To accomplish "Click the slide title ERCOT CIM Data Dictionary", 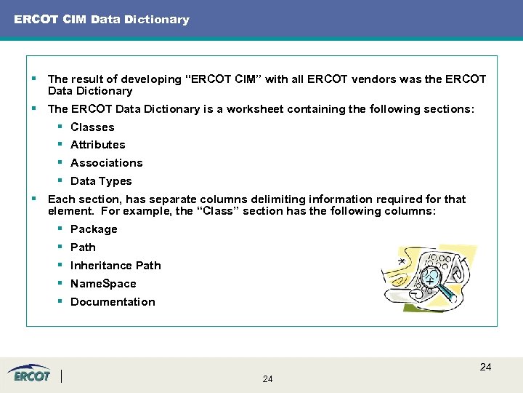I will (x=102, y=20).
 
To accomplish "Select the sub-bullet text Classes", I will (x=92, y=127).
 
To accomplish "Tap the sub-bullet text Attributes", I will (x=98, y=145).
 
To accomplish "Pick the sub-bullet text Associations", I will (x=107, y=163).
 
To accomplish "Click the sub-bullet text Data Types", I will (x=101, y=181).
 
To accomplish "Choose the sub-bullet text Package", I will (x=94, y=229).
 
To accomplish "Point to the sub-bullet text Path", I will (x=83, y=247).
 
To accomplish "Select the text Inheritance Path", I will (x=115, y=266).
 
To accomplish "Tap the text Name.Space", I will (x=103, y=284).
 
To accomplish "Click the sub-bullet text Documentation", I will (x=113, y=302).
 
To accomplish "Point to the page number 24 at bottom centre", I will (x=267, y=379).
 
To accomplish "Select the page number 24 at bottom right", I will (x=485, y=367).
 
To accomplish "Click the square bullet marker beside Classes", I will (x=60, y=127).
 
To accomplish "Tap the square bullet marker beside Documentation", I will (x=60, y=302).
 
